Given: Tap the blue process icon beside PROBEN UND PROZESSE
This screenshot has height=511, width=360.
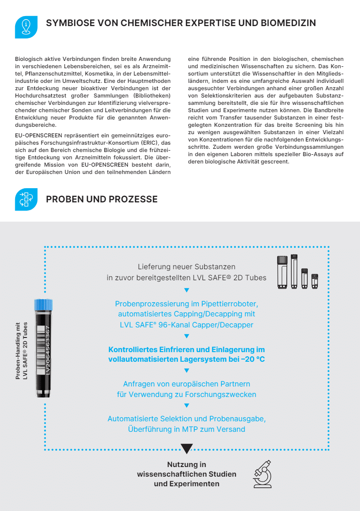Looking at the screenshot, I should click(x=27, y=199).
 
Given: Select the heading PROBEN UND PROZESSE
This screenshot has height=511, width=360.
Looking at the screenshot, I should click(x=102, y=199).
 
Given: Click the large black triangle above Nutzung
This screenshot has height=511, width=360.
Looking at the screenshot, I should click(x=186, y=448).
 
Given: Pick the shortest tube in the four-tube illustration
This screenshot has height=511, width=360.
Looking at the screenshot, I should click(x=315, y=281).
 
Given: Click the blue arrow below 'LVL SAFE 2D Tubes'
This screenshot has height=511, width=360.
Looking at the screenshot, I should click(x=186, y=290).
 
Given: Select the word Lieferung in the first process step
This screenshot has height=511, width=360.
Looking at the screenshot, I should click(x=153, y=266).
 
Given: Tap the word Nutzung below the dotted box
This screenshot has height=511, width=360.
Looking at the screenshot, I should click(x=186, y=464).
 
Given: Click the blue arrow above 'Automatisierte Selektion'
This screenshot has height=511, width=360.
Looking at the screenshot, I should click(x=186, y=406).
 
